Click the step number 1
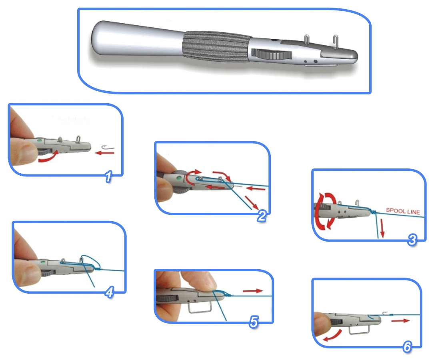pyautogui.click(x=109, y=176)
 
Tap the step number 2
pyautogui.click(x=262, y=216)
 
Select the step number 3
pyautogui.click(x=412, y=240)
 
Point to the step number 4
pyautogui.click(x=110, y=292)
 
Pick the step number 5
pyautogui.click(x=254, y=322)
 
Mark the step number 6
pyautogui.click(x=407, y=347)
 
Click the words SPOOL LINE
pyautogui.click(x=403, y=211)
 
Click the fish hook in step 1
pyautogui.click(x=108, y=147)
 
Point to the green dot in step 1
pyautogui.click(x=40, y=141)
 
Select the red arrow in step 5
pyautogui.click(x=253, y=291)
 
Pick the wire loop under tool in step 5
pyautogui.click(x=200, y=307)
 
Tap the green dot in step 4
pyautogui.click(x=43, y=262)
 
